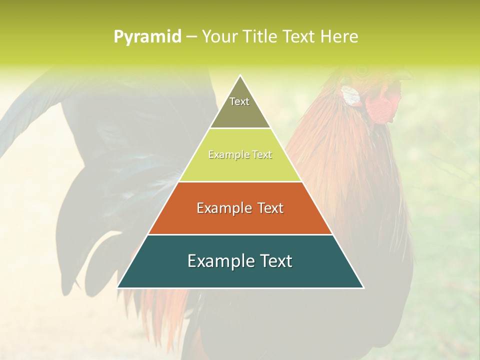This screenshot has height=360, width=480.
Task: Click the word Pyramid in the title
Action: [147, 37]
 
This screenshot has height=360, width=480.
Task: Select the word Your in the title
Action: [218, 37]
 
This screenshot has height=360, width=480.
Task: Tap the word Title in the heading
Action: [260, 37]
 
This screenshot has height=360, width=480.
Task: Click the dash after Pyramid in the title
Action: [191, 37]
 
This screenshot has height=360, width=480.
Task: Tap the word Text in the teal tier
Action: [273, 261]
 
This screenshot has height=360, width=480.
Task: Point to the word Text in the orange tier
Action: [268, 208]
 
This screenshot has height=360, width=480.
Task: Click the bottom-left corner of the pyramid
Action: [118, 287]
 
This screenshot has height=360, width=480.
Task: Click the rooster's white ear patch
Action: [351, 95]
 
